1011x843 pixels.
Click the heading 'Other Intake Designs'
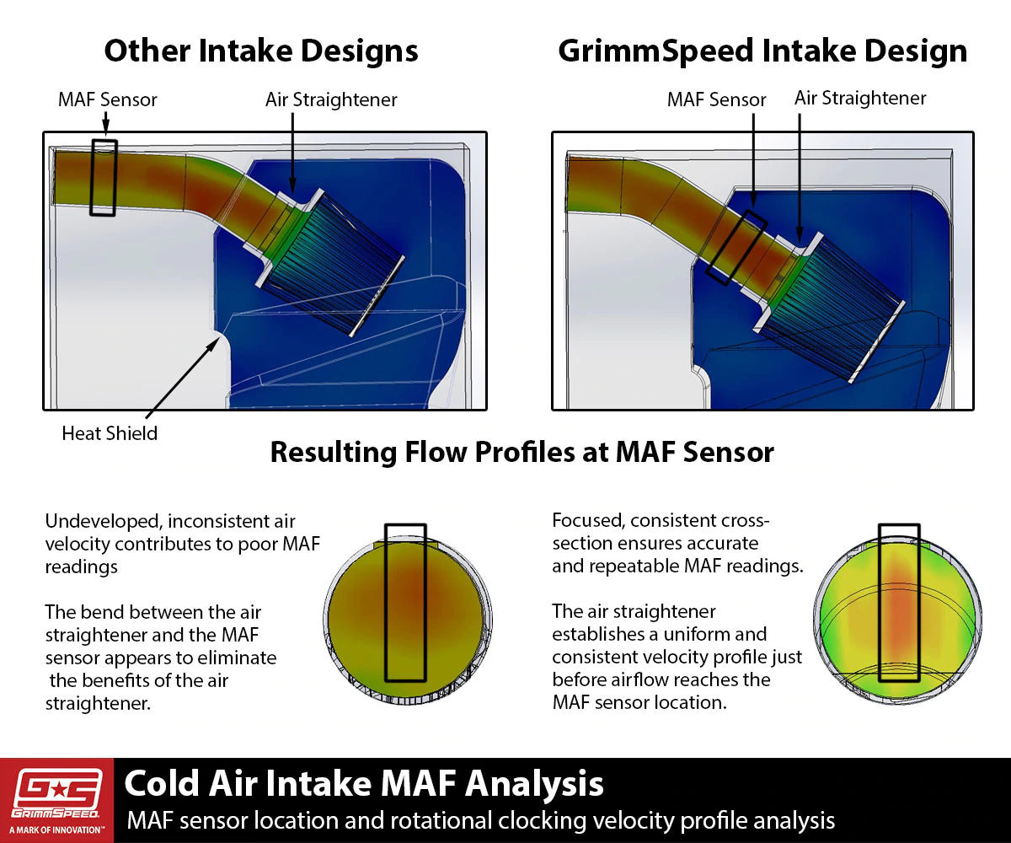[261, 51]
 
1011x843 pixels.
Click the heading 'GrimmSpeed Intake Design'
[762, 51]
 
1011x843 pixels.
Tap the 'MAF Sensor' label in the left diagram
[108, 99]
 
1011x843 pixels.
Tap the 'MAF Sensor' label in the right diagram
[717, 99]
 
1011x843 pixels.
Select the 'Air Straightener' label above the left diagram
[331, 99]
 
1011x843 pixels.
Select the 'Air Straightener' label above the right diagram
[860, 98]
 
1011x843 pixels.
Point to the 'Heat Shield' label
[110, 433]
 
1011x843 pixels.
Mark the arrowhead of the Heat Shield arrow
[218, 339]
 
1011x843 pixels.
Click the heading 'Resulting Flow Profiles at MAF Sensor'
[522, 453]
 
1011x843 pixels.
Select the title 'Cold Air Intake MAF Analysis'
[364, 783]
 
